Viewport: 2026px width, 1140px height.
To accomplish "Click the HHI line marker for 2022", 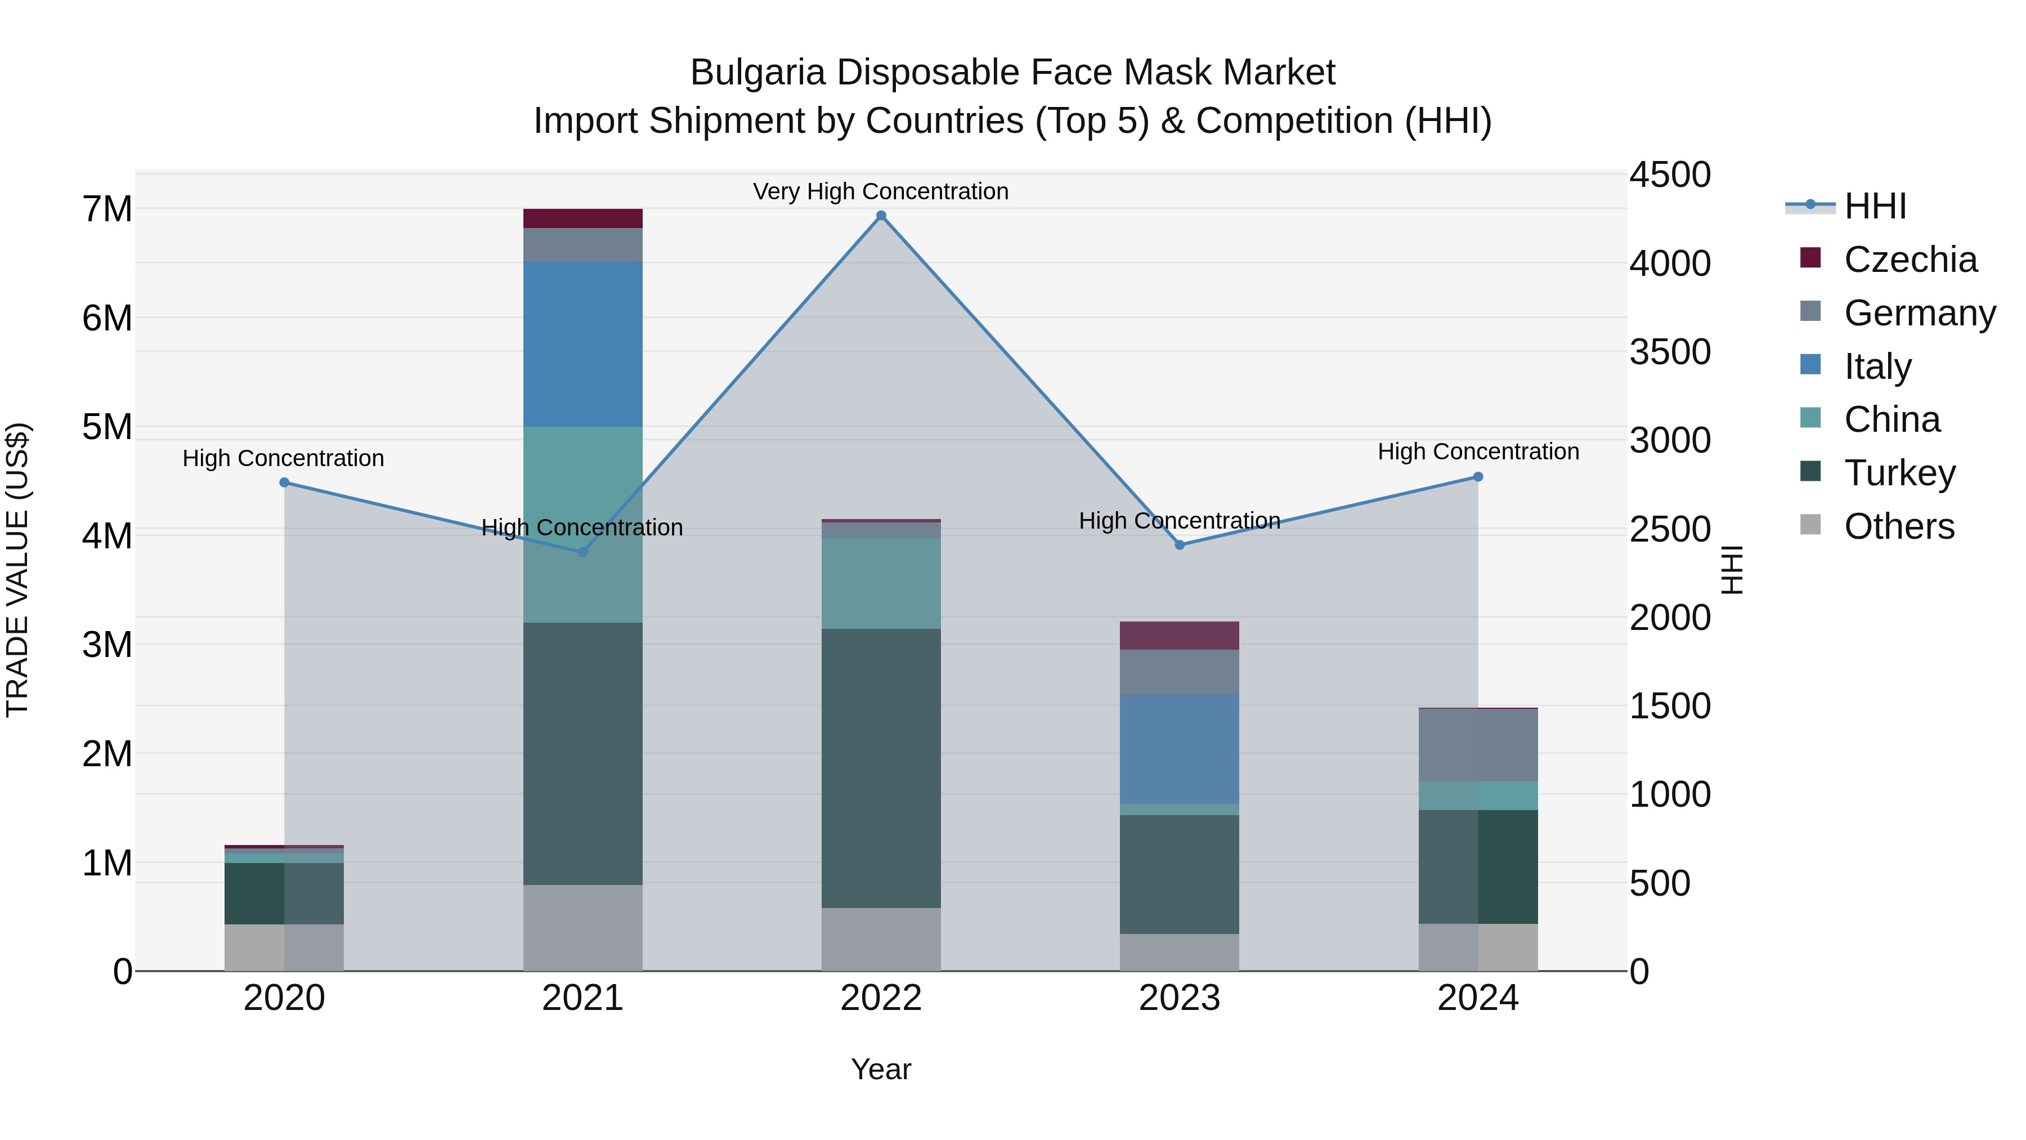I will tap(881, 216).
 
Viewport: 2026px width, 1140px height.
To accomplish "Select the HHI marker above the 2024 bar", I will tap(1478, 477).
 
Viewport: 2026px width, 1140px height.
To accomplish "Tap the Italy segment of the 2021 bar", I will tap(583, 344).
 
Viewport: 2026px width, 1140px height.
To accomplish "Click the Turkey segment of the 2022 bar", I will tap(881, 768).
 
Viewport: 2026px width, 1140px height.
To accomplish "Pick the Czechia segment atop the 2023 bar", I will tap(1179, 636).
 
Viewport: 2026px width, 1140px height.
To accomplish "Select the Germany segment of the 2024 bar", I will tap(1478, 745).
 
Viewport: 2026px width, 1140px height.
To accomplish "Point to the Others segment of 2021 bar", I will tap(583, 928).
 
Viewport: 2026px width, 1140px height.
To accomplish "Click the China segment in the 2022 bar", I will tap(881, 583).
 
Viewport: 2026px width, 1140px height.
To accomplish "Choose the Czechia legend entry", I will tap(1910, 260).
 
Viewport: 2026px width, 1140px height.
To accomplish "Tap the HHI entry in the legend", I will tap(1874, 206).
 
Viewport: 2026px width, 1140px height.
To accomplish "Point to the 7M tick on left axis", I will tap(107, 209).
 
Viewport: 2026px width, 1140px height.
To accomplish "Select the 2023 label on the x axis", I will tap(1179, 998).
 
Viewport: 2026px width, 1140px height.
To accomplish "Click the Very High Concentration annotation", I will tap(880, 191).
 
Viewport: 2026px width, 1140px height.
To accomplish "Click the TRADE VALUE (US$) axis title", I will tap(18, 570).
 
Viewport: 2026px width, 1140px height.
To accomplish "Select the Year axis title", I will tap(880, 1069).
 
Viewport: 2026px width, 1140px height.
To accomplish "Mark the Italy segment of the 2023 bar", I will tap(1179, 749).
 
